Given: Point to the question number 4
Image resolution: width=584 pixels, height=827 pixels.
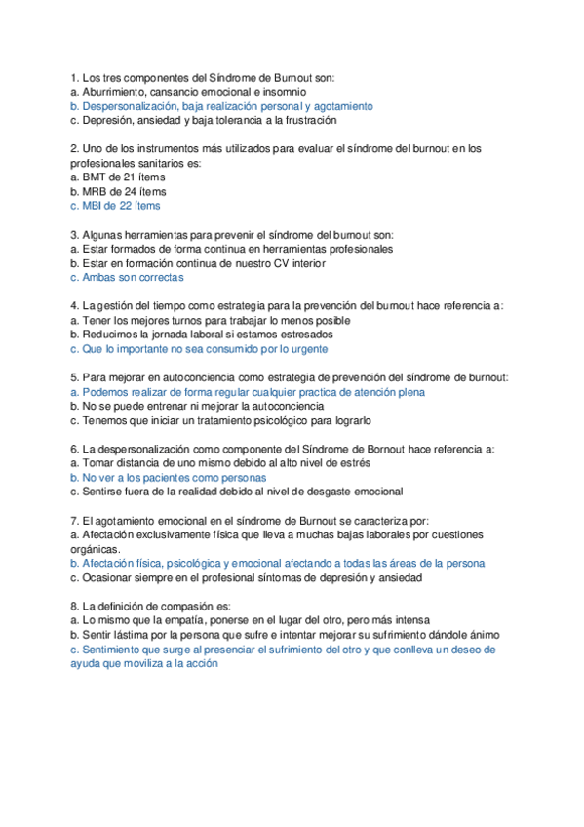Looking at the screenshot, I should [75, 305].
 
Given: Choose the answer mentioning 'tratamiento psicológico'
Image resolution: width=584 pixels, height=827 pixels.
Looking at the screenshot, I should [220, 420].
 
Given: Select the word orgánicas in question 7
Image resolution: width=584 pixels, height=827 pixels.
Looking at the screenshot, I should [96, 549].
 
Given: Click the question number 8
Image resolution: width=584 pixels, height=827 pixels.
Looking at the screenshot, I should [75, 606].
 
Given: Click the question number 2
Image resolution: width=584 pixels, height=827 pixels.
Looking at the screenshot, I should [75, 149].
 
